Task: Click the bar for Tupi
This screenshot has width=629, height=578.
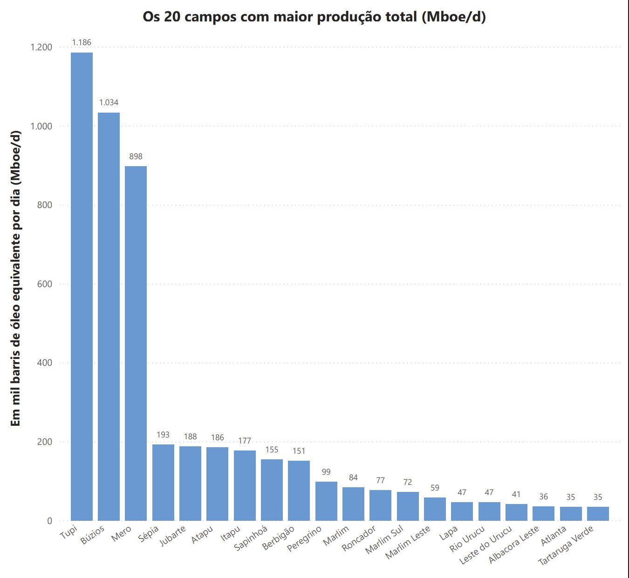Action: (82, 286)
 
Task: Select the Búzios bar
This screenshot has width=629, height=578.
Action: (109, 316)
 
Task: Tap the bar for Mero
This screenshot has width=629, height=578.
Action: (136, 343)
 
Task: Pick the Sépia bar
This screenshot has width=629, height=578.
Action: (163, 482)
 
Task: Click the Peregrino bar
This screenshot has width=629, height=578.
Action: (326, 501)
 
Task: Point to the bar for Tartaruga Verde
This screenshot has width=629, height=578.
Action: (598, 513)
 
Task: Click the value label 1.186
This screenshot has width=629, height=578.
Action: (82, 42)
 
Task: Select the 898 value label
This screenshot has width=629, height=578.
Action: (136, 156)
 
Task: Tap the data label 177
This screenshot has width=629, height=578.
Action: (245, 441)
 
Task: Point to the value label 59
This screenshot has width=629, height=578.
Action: (435, 488)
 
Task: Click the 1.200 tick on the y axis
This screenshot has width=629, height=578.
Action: (41, 47)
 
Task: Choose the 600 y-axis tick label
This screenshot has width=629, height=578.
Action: (45, 284)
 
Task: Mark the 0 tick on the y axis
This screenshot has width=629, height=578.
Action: (49, 521)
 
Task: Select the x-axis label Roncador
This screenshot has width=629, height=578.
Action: (359, 539)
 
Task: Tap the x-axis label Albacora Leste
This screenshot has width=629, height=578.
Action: (513, 544)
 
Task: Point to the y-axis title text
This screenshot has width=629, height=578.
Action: (16, 278)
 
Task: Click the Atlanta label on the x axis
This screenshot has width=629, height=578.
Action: (554, 536)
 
